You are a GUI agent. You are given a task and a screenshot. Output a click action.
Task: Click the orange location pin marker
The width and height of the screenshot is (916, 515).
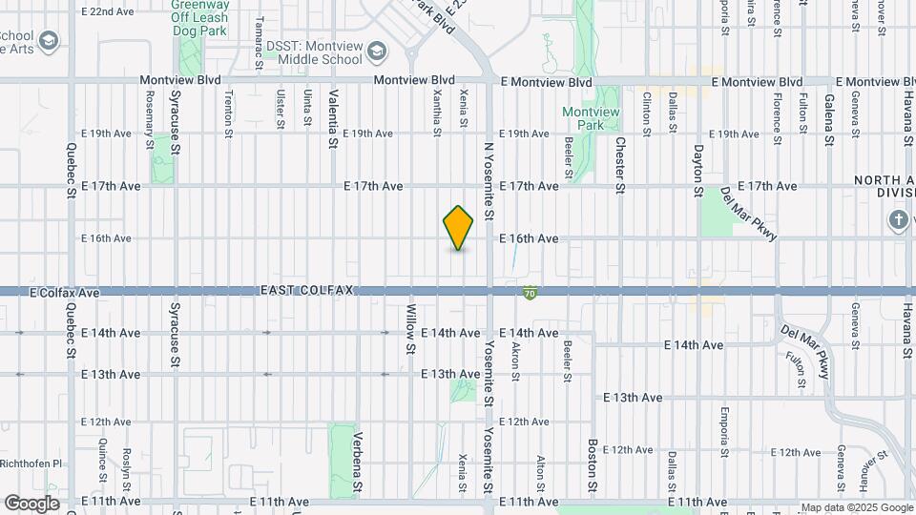tap(459, 228)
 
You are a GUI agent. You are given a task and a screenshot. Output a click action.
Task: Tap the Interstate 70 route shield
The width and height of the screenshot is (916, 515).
tap(529, 293)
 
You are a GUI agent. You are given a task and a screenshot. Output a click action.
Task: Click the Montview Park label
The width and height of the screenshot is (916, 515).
tap(591, 118)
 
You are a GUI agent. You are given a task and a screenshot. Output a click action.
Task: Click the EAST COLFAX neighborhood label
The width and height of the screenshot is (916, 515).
tap(307, 289)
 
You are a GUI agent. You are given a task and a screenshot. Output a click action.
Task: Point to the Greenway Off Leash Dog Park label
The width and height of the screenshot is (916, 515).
tap(205, 17)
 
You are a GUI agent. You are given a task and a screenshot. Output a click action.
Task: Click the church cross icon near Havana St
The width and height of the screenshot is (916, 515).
tap(897, 221)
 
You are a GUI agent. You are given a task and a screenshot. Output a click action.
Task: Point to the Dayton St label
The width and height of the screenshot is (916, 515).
tap(698, 168)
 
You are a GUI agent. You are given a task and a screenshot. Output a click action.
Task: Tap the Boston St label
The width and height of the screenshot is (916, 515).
tap(593, 466)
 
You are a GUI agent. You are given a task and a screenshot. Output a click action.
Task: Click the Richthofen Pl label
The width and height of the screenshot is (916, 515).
tap(31, 463)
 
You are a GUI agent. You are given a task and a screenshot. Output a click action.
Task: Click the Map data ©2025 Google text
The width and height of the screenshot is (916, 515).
tap(856, 507)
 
